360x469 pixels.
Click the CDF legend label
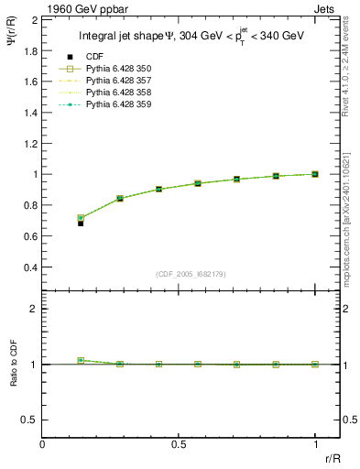[x=93, y=58]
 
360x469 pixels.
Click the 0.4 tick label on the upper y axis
[x=31, y=267]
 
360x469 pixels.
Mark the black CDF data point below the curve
[x=81, y=223]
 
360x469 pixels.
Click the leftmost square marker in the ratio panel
[x=81, y=361]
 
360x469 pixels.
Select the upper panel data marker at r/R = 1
[x=315, y=174]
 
